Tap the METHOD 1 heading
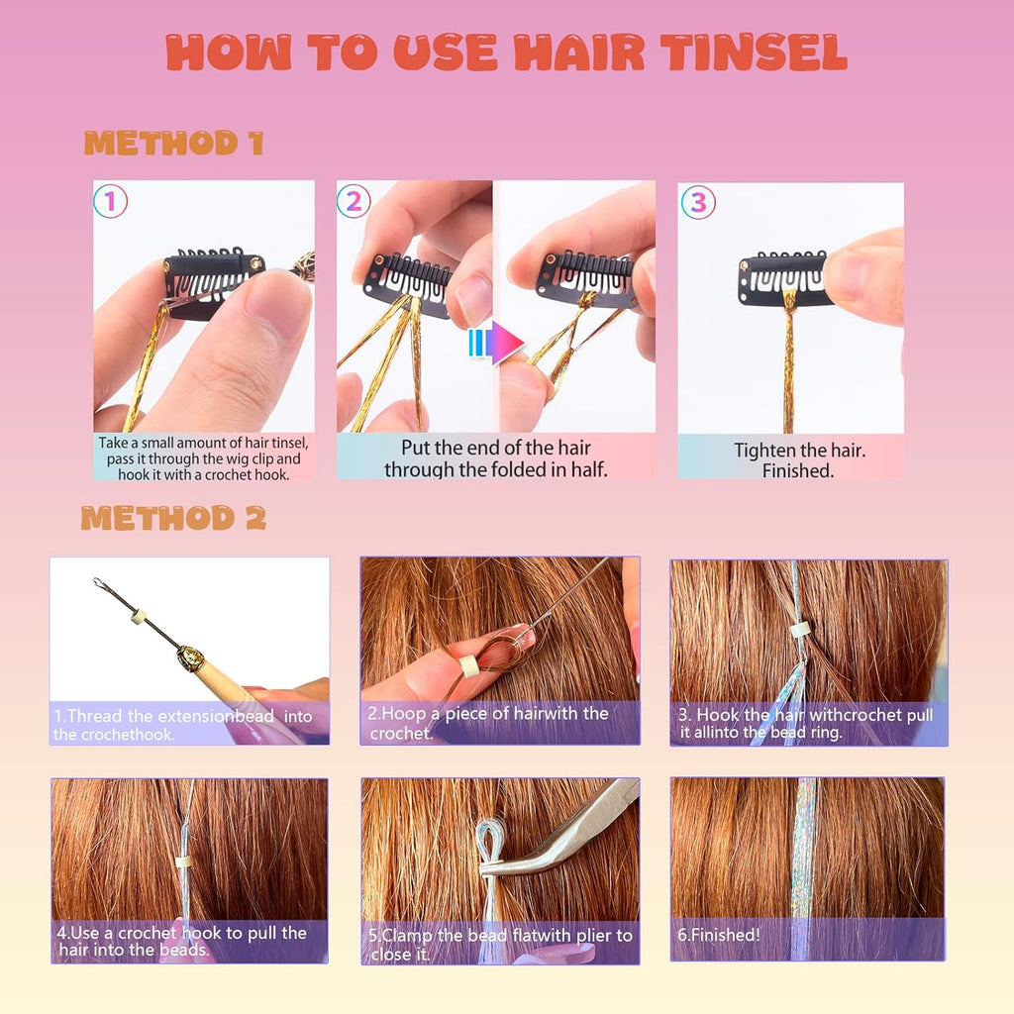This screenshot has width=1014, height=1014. [173, 145]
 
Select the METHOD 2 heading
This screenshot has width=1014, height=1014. [173, 518]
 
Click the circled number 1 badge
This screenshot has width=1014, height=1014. [110, 202]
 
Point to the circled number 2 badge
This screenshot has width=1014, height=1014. [353, 202]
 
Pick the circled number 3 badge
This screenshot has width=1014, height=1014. [697, 202]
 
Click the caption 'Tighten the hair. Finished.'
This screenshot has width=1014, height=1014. [799, 460]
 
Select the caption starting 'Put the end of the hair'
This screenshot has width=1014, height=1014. [495, 458]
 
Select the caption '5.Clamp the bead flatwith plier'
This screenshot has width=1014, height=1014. [500, 945]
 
